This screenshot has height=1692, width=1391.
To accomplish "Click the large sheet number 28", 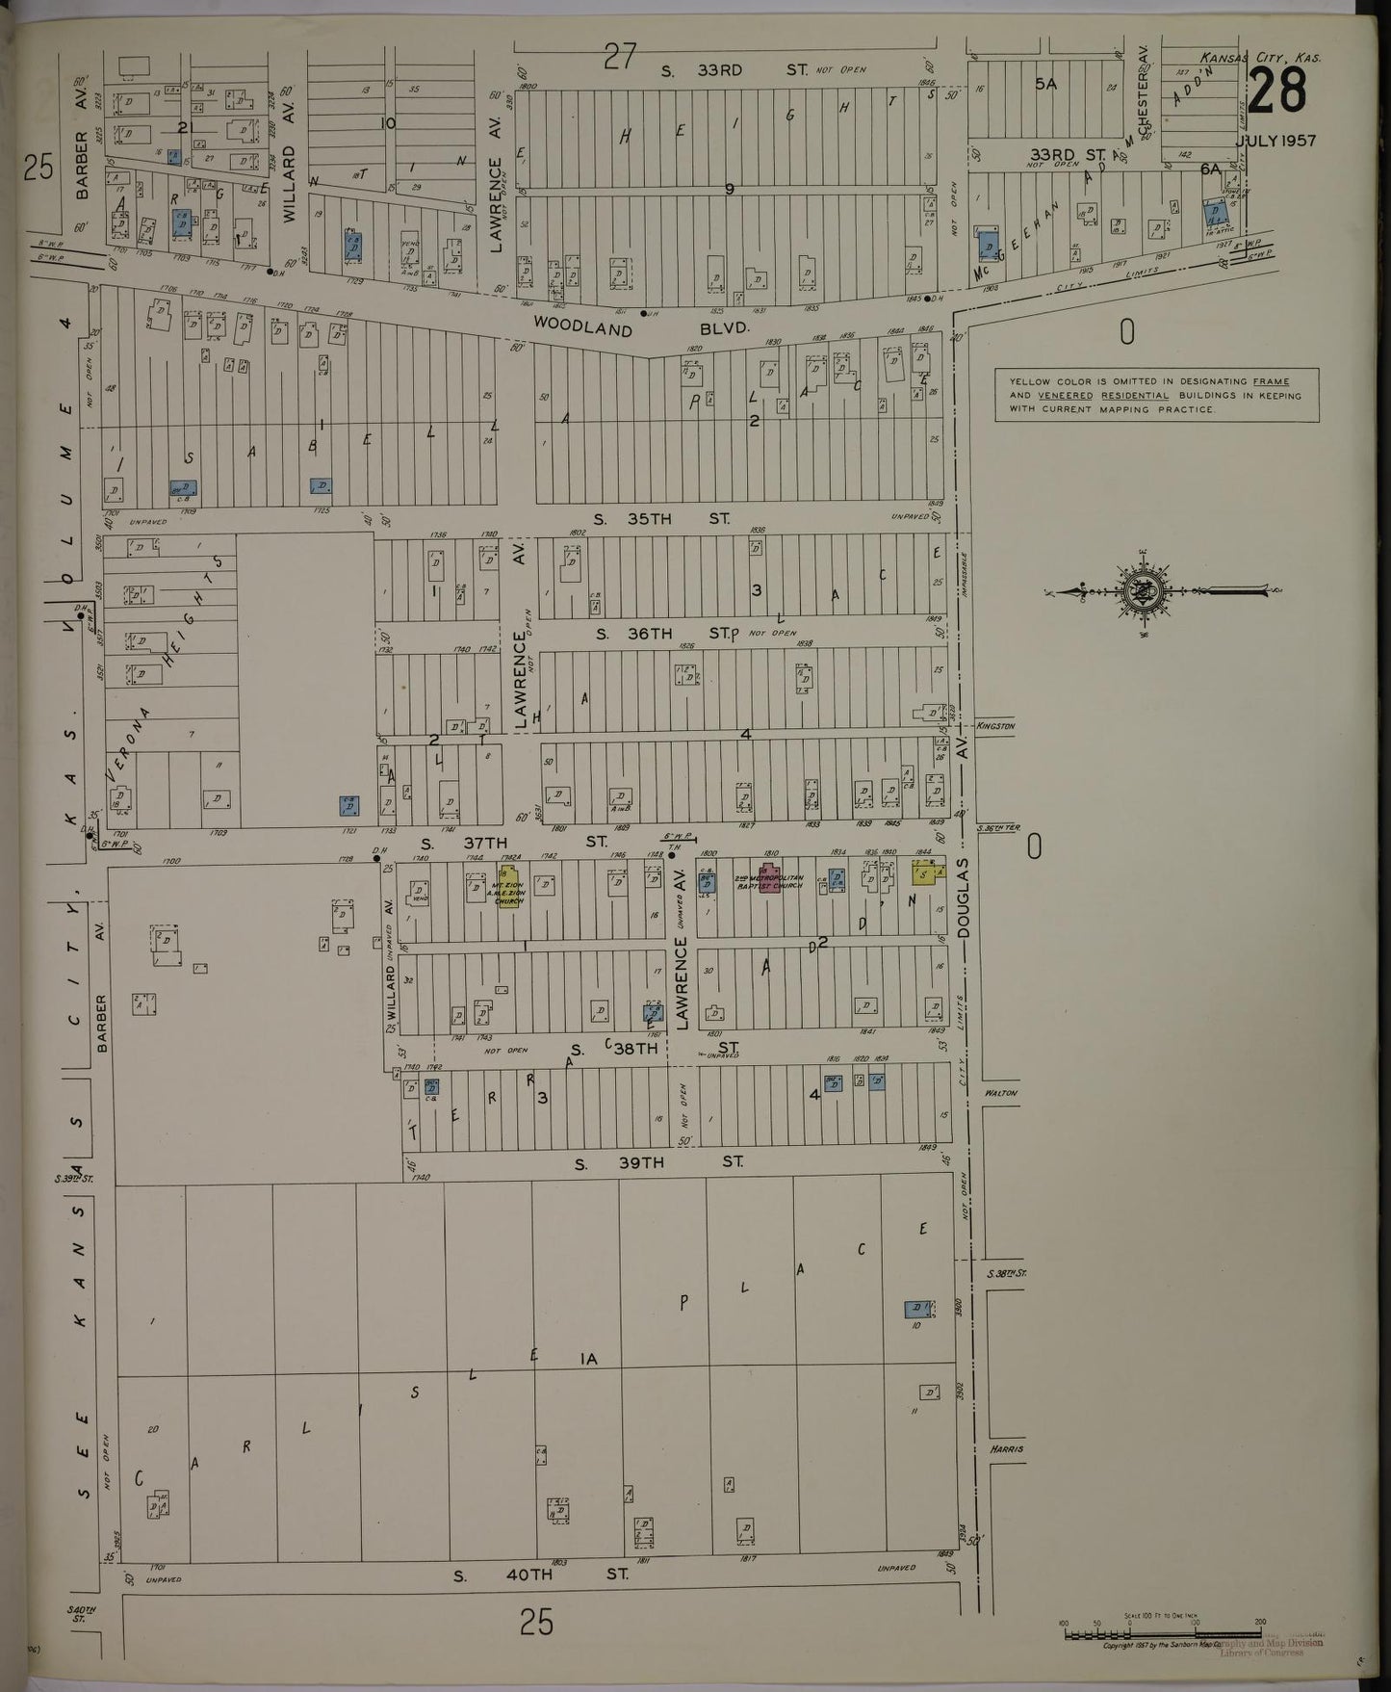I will coord(1277,91).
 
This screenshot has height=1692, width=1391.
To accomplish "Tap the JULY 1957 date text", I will coord(1275,141).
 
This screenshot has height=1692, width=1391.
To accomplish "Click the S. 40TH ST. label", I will coord(541,1575).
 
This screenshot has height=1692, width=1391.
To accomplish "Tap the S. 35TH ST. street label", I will coord(660,518).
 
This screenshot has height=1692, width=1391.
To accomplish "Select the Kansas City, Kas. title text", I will coord(1261,58).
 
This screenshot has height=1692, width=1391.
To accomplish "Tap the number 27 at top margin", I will coord(620,57).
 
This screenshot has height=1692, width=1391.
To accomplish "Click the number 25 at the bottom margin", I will coord(536,1624).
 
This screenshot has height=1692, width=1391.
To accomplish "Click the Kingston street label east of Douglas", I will coord(994,726).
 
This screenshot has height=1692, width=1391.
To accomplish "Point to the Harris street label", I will coord(1005,1449).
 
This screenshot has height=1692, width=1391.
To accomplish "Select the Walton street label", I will coord(1001,1093).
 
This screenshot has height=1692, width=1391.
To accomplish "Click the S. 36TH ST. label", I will coord(664,633).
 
